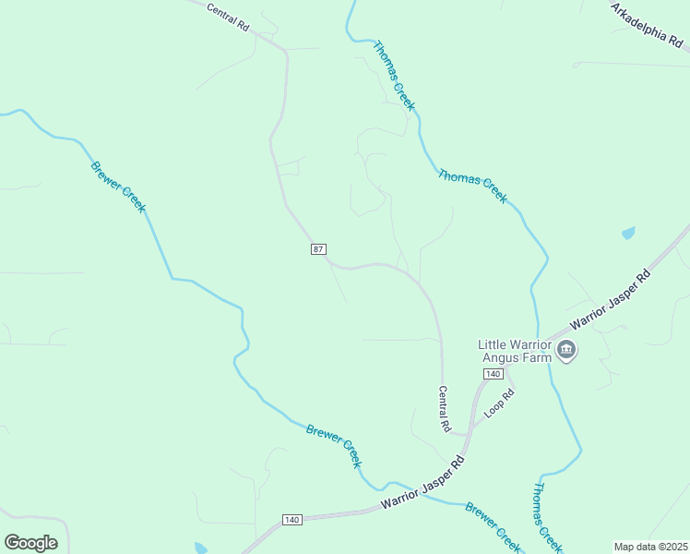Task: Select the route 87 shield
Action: (317, 249)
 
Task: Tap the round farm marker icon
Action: (566, 351)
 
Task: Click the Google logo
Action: (30, 543)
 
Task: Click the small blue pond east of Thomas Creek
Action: (628, 234)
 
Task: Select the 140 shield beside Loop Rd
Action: (493, 373)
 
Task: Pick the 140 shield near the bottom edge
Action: (292, 520)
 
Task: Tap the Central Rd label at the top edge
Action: (229, 17)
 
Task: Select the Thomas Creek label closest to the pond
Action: (472, 186)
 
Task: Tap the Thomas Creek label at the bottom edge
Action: (547, 516)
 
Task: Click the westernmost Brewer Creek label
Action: (118, 187)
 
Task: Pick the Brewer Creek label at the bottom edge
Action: (494, 522)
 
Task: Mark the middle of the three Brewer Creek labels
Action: (334, 446)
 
